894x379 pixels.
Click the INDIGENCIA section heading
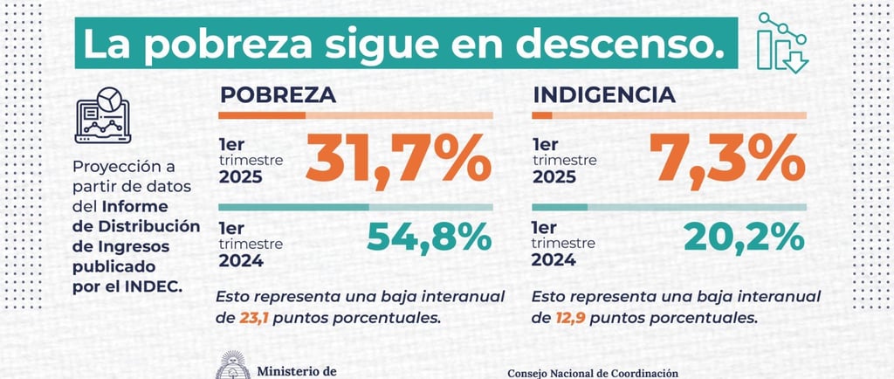(602, 94)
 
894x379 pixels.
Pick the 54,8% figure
(429, 238)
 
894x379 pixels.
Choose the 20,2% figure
(743, 238)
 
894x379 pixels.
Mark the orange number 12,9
(569, 318)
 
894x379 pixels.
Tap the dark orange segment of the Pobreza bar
(261, 115)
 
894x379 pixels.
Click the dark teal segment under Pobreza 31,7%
(293, 207)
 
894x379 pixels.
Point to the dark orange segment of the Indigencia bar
(541, 115)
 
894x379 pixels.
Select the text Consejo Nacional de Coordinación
(592, 373)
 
